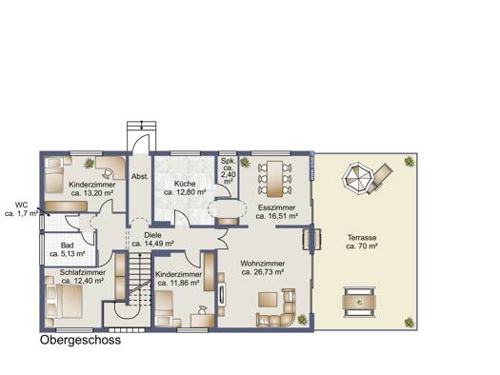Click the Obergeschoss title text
(80, 341)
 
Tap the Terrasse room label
(362, 238)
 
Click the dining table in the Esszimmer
(274, 179)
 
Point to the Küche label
(185, 184)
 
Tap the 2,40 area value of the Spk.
(229, 174)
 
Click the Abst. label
(140, 176)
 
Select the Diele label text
(152, 235)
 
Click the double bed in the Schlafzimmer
(65, 302)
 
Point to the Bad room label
(68, 246)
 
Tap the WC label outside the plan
(21, 205)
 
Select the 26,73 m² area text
(263, 272)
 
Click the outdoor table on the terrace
(359, 302)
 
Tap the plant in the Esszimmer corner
(245, 162)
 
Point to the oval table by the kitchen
(228, 209)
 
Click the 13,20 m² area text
(92, 193)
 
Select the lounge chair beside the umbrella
(379, 178)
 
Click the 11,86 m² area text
(179, 283)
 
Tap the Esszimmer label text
(277, 207)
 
